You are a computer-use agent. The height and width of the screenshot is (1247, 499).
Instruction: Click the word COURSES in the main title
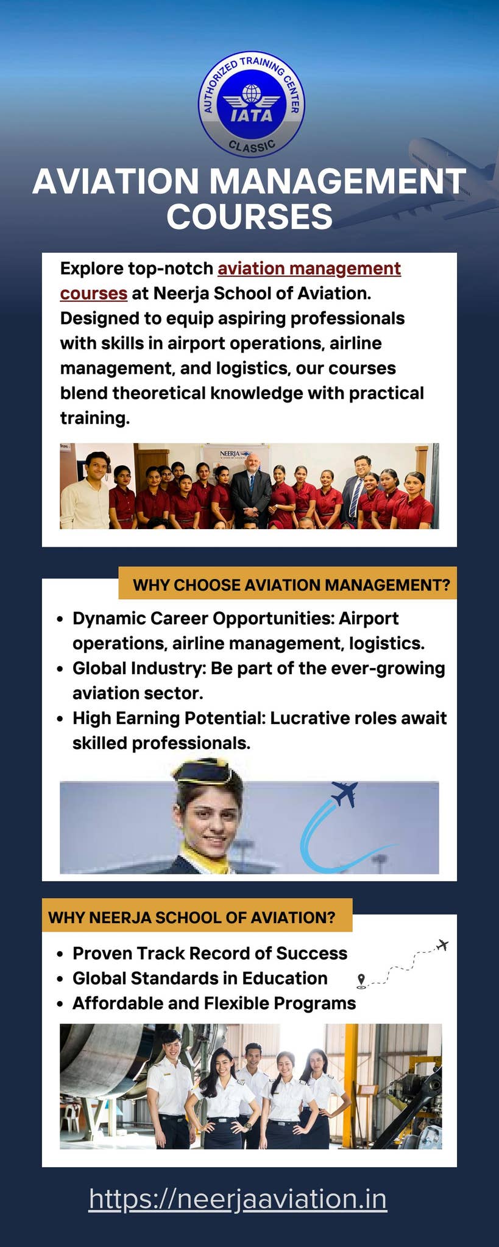250,216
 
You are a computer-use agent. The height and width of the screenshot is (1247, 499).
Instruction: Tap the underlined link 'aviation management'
309,269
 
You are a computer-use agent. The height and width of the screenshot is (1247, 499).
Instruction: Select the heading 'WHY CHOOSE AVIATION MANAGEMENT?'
291,585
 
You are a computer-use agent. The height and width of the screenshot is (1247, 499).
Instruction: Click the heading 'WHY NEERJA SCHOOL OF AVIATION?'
192,918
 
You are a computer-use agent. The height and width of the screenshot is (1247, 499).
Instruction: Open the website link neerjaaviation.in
238,1199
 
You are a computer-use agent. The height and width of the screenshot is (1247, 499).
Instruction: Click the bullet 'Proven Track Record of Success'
210,953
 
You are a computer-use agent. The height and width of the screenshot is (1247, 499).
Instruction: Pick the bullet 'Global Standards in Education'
200,978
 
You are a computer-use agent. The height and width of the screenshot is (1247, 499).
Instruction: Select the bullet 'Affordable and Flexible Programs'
214,1003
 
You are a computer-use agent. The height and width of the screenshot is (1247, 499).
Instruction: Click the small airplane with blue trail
345,794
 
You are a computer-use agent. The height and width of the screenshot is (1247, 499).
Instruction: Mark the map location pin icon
361,980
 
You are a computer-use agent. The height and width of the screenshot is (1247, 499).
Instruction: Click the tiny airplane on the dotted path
443,945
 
